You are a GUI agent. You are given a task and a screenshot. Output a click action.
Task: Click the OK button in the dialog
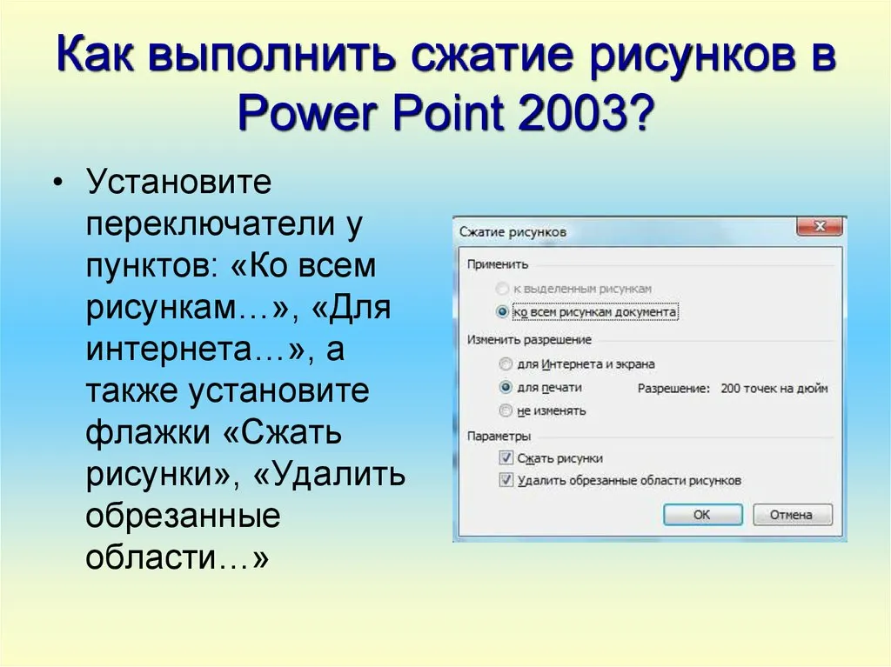click(703, 515)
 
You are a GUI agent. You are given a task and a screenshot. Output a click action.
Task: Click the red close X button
click(820, 226)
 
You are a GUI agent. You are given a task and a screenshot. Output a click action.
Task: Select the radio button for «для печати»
click(506, 388)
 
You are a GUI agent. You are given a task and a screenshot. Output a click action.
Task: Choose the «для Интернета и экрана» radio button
click(506, 364)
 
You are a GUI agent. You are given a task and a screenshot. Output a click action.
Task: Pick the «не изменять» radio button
click(506, 410)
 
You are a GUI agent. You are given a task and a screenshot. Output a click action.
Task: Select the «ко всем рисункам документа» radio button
click(502, 312)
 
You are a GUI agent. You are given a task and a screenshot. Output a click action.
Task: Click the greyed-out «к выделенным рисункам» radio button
click(502, 289)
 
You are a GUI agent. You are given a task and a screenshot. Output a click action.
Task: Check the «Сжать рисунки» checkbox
click(506, 457)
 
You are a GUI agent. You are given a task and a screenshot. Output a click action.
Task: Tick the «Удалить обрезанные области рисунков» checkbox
click(506, 480)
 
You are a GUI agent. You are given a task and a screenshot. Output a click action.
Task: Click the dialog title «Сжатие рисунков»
click(512, 232)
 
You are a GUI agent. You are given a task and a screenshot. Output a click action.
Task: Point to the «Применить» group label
click(497, 264)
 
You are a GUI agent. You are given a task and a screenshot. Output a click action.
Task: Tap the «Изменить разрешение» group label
click(529, 340)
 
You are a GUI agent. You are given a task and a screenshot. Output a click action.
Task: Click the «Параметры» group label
click(499, 436)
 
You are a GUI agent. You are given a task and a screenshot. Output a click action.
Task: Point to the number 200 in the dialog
click(730, 389)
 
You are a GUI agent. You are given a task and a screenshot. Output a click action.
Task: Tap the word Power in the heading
click(309, 112)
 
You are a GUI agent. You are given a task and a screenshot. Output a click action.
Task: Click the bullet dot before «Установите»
click(57, 183)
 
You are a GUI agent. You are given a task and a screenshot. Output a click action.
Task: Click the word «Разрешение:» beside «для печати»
click(674, 389)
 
